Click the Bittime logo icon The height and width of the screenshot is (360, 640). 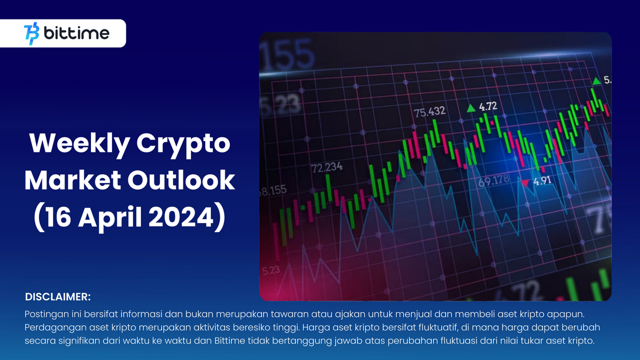tap(31, 33)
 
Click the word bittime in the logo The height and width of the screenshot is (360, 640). tap(76, 33)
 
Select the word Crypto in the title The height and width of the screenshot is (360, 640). tap(183, 145)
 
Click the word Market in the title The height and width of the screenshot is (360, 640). tap(73, 180)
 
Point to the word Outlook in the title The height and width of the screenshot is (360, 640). tap(181, 180)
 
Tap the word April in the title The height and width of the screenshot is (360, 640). tap(110, 218)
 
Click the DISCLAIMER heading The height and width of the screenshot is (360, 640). tap(58, 297)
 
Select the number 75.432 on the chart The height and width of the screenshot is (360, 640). tap(430, 111)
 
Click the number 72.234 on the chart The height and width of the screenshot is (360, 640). tap(327, 167)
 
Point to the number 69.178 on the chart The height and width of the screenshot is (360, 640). tap(494, 180)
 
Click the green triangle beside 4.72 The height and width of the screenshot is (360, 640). tap(471, 108)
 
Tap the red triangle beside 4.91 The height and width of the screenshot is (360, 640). tap(525, 182)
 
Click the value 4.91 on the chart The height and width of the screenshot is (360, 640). tap(543, 180)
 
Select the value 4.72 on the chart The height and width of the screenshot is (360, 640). tap(488, 106)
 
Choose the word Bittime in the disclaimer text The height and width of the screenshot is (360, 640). tap(230, 340)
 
